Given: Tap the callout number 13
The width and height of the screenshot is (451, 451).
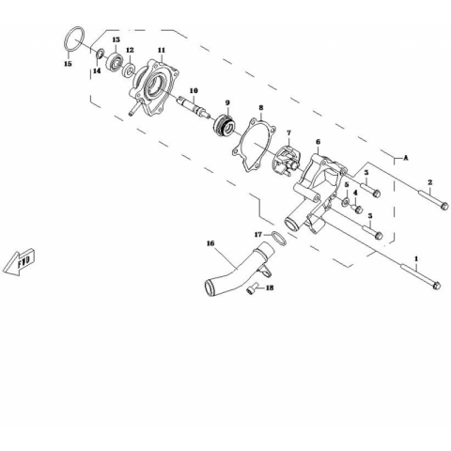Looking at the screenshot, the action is point(117,39).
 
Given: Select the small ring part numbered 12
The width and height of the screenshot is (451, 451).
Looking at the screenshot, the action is point(129,70).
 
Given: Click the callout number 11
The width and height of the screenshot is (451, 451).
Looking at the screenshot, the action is point(162,50).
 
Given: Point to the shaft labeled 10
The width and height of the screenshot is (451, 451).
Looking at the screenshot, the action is point(193,106).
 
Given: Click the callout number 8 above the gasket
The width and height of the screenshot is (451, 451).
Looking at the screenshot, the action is point(261,108).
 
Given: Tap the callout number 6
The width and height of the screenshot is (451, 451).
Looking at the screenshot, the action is point(319,142).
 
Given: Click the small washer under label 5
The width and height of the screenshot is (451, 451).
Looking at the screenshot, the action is point(346,202).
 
